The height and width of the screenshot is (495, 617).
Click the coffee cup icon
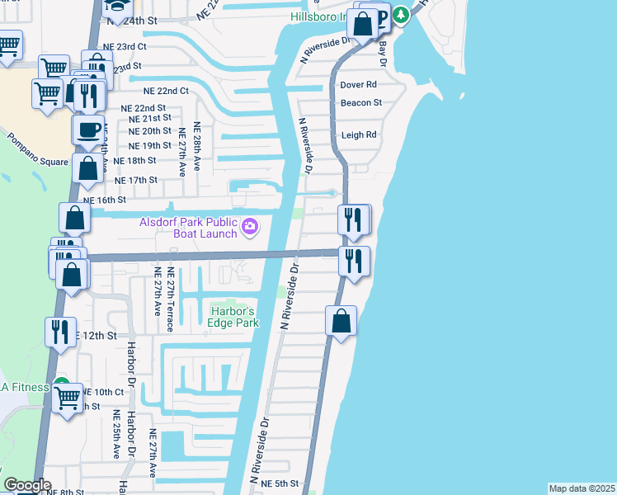tap(88, 130)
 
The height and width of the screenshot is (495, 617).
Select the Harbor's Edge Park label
tap(233, 317)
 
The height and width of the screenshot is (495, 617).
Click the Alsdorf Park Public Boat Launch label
tap(187, 227)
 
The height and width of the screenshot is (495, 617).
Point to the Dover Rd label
tap(358, 84)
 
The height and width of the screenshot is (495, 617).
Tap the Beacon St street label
tap(360, 103)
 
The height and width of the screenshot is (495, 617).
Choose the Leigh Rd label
tap(358, 134)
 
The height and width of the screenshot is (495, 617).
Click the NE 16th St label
tap(104, 200)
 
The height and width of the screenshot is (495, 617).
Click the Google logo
tap(27, 485)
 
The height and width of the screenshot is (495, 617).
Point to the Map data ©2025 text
tap(582, 488)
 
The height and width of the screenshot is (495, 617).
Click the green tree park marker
tap(400, 16)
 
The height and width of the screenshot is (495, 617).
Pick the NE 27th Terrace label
tap(171, 299)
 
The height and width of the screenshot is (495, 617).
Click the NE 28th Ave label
tap(196, 146)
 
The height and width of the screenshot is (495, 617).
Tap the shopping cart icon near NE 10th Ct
tap(67, 398)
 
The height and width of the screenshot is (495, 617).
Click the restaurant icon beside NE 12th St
tap(60, 332)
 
